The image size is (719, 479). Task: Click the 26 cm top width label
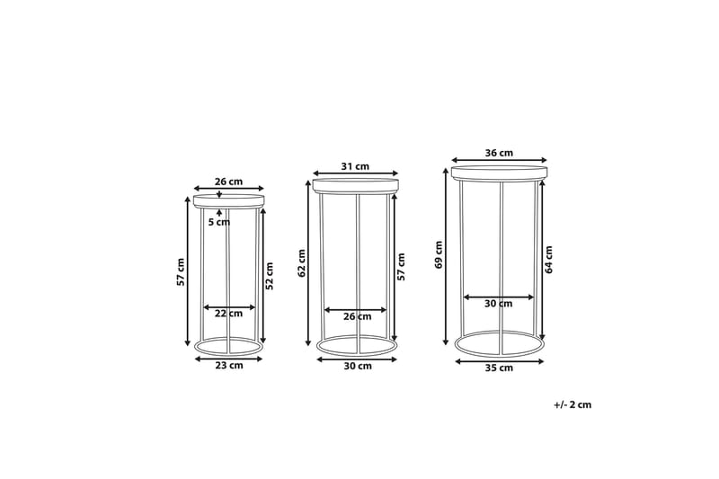(x=229, y=181)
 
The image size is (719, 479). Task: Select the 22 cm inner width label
(x=229, y=314)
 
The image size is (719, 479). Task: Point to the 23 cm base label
(x=229, y=366)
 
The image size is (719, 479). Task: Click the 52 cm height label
(x=270, y=274)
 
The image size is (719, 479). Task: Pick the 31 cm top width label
(x=355, y=165)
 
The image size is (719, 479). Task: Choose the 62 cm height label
(x=303, y=262)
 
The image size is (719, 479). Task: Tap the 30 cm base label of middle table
(x=357, y=367)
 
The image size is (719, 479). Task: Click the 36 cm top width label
(x=499, y=153)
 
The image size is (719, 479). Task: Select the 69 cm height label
(x=439, y=254)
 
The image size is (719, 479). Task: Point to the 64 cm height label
(x=549, y=259)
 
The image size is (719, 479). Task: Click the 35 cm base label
(x=499, y=368)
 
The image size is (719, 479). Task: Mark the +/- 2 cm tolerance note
(x=573, y=405)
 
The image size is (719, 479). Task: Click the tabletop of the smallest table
(x=229, y=200)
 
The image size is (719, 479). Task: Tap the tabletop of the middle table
(x=355, y=186)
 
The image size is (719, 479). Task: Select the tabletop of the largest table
(x=499, y=172)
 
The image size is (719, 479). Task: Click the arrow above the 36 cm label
(x=499, y=162)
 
